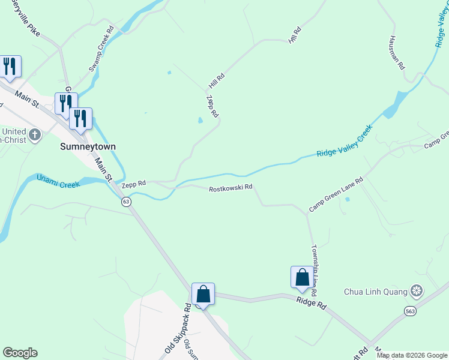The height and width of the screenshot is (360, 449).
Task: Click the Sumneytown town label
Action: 88,146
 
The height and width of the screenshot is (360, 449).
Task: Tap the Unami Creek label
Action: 58,181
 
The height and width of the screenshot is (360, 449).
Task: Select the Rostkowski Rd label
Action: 231,189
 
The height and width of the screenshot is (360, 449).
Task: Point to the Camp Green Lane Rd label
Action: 337,194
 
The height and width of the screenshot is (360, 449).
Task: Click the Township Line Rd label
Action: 313,260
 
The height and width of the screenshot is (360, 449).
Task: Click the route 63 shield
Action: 126,202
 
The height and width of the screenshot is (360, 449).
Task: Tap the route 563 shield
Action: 410,311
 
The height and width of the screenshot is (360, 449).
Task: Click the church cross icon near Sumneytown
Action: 35,134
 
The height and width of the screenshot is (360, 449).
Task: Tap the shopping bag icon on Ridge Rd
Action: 302,277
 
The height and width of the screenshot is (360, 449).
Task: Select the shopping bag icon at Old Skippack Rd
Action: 203,294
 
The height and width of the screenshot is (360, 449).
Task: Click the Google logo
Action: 20,353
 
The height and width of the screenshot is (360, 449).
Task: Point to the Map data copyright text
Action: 412,355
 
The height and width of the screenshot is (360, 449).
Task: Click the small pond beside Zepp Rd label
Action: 200,121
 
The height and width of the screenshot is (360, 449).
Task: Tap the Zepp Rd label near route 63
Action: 134,184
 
